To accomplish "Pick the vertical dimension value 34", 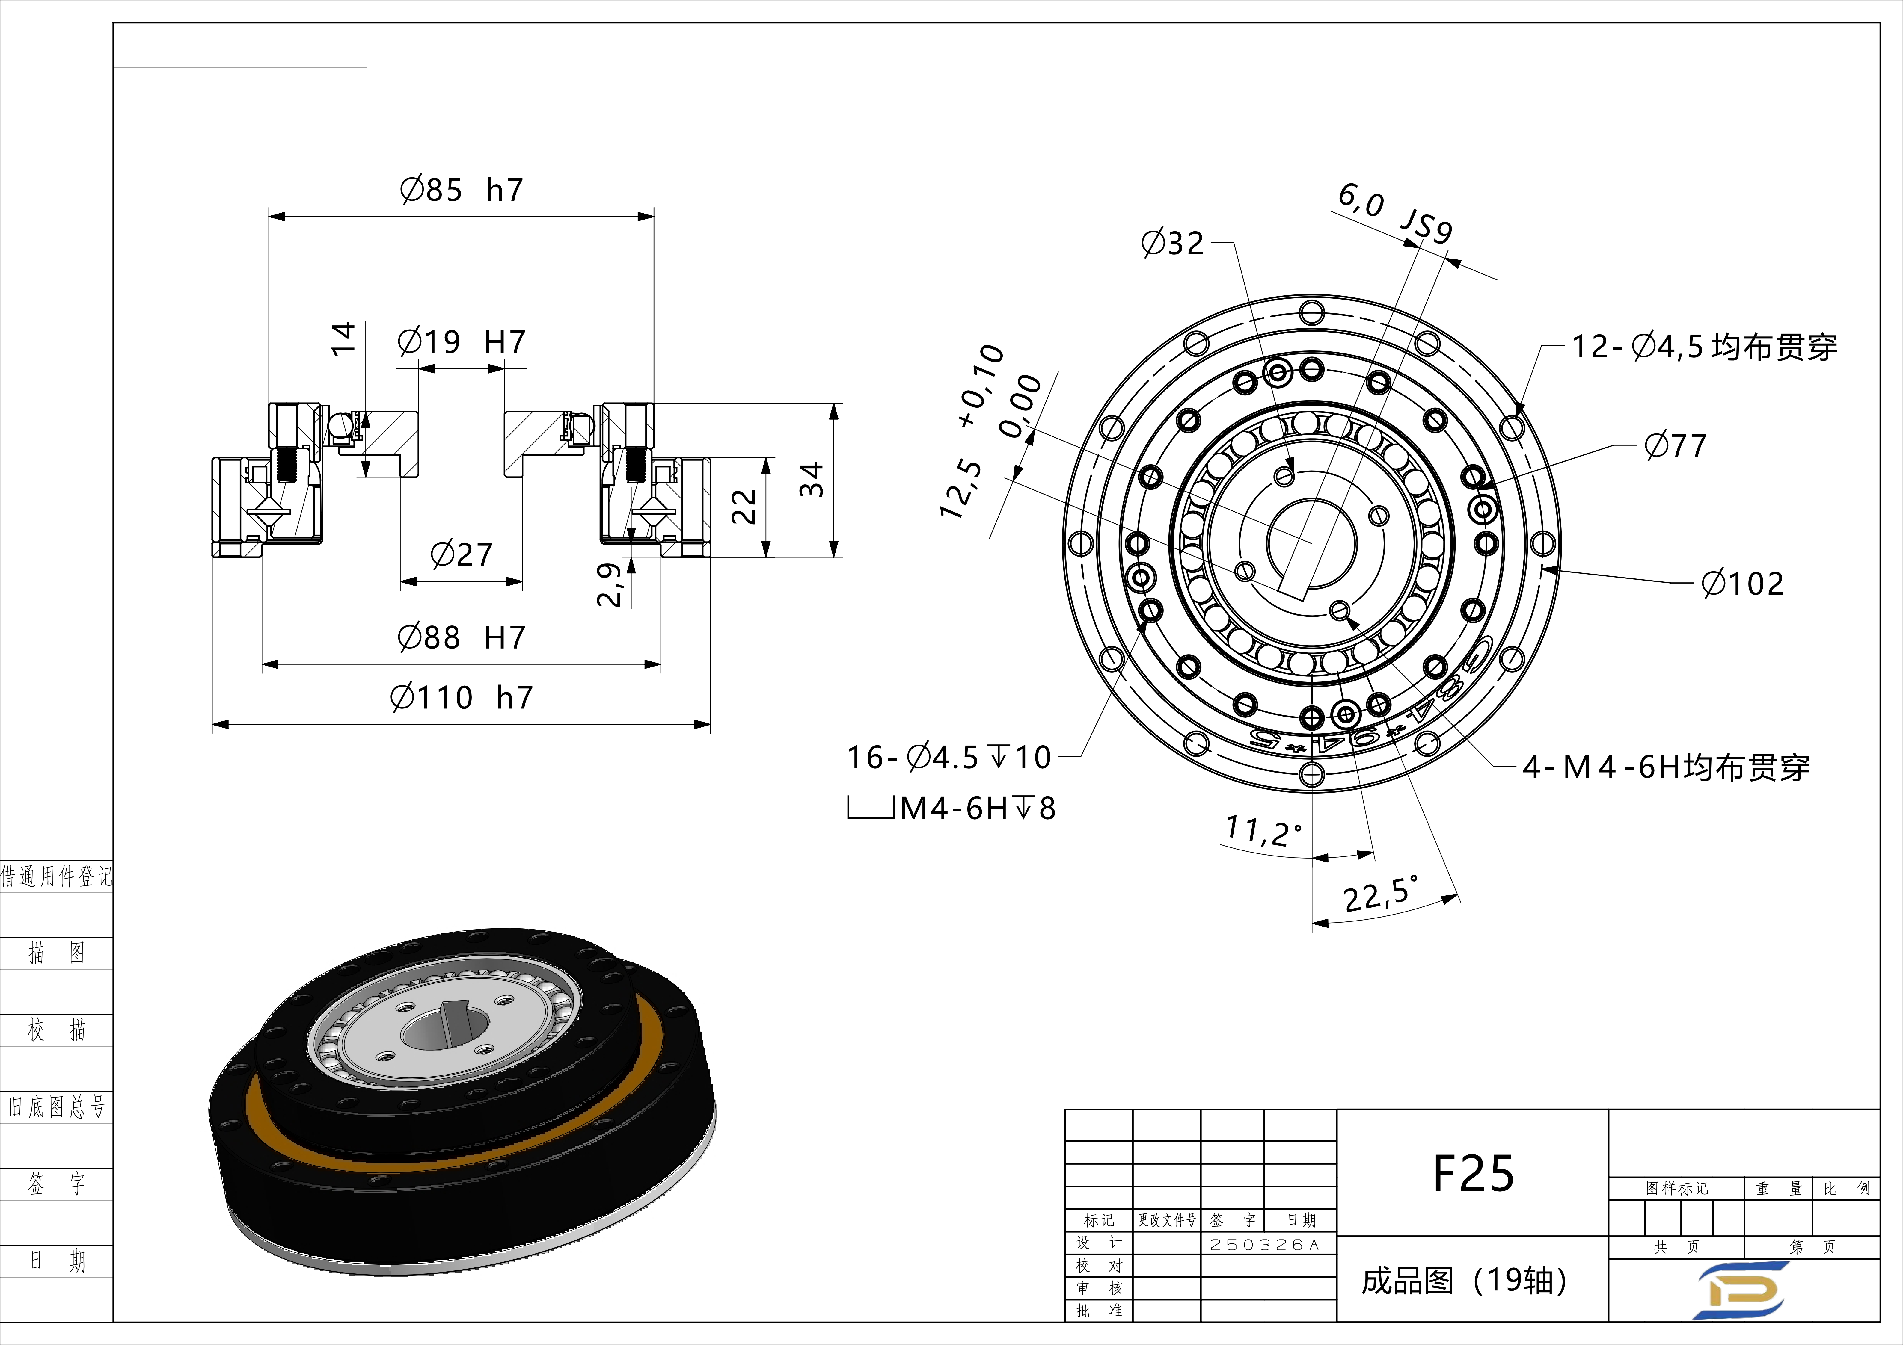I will (812, 480).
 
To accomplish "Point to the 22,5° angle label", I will (1380, 893).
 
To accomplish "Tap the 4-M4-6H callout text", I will (1666, 767).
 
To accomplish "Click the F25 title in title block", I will (1473, 1173).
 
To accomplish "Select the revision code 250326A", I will (1264, 1245).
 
